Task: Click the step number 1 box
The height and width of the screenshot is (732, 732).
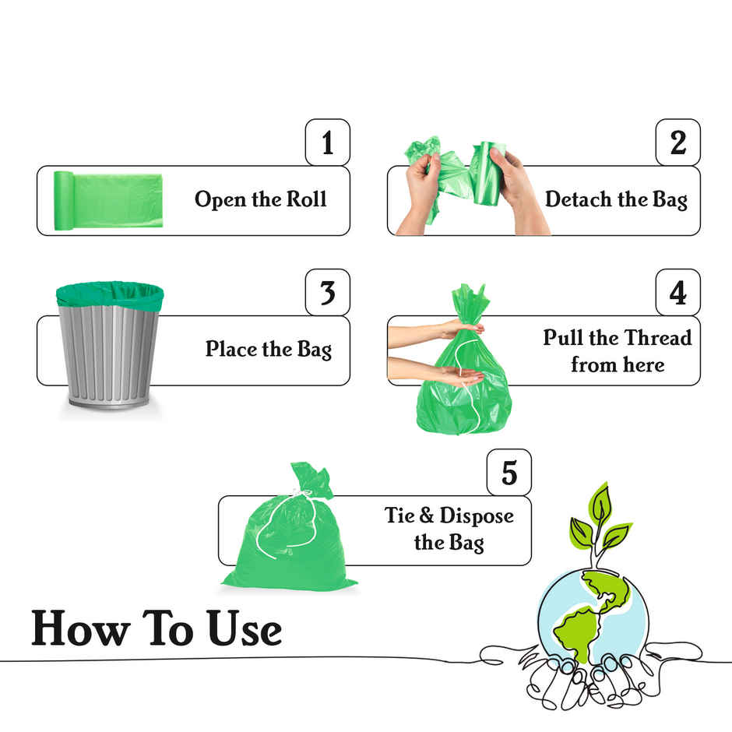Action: pyautogui.click(x=327, y=143)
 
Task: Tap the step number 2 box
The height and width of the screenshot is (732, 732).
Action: pyautogui.click(x=677, y=143)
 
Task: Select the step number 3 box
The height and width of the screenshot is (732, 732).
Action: pyautogui.click(x=327, y=292)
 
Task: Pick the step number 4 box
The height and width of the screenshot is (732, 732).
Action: pyautogui.click(x=677, y=292)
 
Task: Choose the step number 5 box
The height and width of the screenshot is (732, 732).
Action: pyautogui.click(x=509, y=473)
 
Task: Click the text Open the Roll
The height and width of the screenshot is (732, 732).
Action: pyautogui.click(x=260, y=199)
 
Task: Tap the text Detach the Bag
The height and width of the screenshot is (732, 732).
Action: pyautogui.click(x=616, y=199)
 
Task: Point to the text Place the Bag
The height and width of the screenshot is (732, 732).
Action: pyautogui.click(x=268, y=349)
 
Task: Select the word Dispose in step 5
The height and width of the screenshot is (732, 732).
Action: pyautogui.click(x=477, y=516)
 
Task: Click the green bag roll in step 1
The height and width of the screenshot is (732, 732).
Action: pyautogui.click(x=109, y=200)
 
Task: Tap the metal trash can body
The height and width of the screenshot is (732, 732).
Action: pyautogui.click(x=108, y=354)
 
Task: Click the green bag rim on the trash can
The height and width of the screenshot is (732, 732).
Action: pyautogui.click(x=110, y=295)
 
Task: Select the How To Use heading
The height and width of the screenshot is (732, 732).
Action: pyautogui.click(x=156, y=629)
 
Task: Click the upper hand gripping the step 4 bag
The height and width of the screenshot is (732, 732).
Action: pyautogui.click(x=456, y=328)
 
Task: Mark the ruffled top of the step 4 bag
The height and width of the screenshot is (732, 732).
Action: pyautogui.click(x=470, y=300)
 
